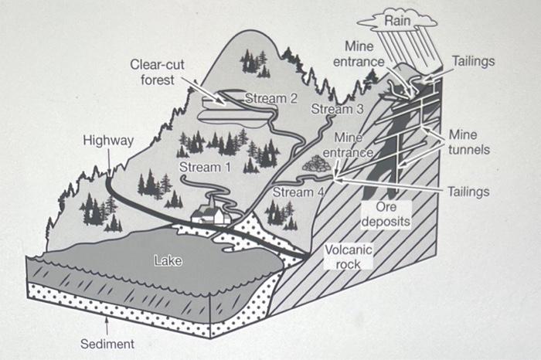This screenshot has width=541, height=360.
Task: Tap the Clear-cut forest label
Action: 157,72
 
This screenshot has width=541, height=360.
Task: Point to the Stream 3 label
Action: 337,109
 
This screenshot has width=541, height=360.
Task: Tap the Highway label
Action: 108,141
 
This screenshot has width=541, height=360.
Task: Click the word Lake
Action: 168,261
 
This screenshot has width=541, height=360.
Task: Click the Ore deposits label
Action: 386,214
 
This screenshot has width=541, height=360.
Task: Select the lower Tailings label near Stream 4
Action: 468,190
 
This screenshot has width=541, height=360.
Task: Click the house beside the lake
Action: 211,212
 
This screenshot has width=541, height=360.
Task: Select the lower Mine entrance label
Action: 348,145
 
